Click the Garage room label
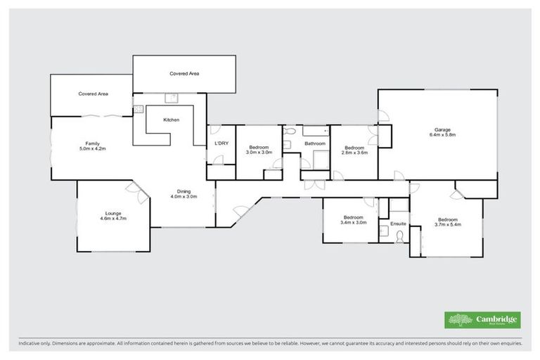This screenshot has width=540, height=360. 442,129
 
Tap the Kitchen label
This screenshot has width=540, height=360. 171,120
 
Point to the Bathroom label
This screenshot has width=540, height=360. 314,144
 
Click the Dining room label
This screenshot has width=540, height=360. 184,191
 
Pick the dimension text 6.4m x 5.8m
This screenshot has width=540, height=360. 442,135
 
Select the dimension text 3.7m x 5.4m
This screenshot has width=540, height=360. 446,224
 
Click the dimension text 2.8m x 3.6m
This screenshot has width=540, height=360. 354,152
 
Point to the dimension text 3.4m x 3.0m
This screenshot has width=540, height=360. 353,223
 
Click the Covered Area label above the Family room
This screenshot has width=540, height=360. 92,94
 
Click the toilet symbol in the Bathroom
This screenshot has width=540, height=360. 289,131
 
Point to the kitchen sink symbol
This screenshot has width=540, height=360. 169,99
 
